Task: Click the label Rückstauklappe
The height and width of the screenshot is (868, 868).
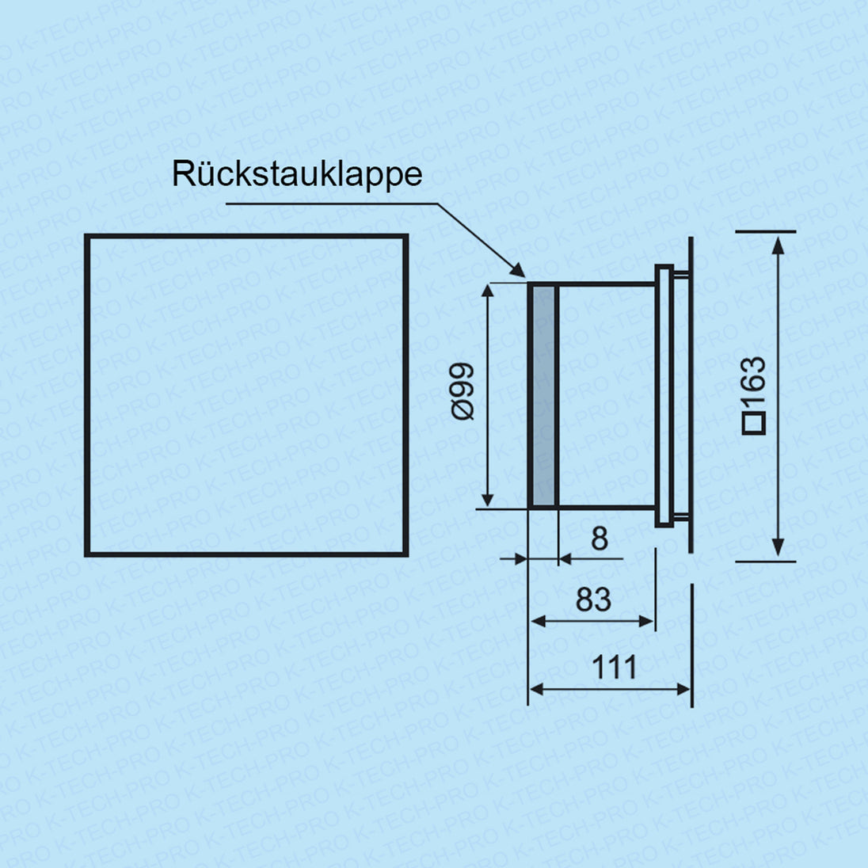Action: pyautogui.click(x=297, y=174)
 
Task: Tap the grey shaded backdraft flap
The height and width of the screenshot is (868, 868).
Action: pyautogui.click(x=543, y=395)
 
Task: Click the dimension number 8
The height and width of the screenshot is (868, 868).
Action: pyautogui.click(x=600, y=539)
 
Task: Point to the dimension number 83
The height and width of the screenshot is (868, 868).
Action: pyautogui.click(x=593, y=600)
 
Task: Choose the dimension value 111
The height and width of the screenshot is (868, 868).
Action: pyautogui.click(x=615, y=667)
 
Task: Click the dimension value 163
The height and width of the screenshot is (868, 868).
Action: pyautogui.click(x=754, y=383)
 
